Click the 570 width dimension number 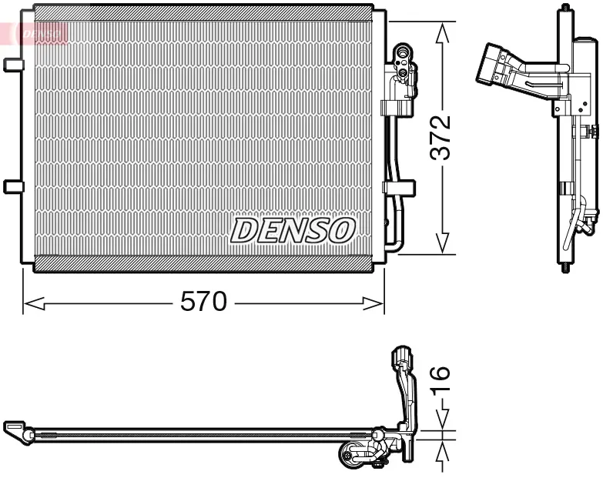coord(203,303)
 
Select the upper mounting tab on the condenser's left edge coord(13,65)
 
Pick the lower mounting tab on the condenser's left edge coord(13,186)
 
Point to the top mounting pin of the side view coord(566,8)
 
